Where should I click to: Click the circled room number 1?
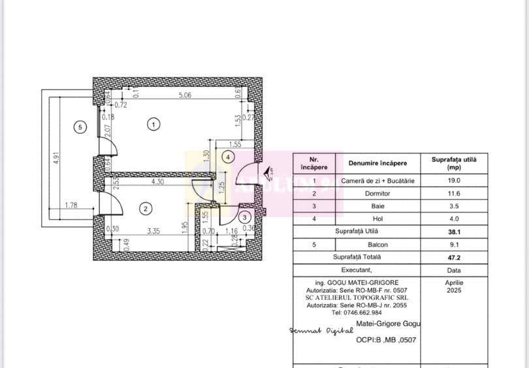click(x=153, y=124)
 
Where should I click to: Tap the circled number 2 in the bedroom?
click(x=146, y=209)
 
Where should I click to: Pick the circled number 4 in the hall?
click(x=227, y=157)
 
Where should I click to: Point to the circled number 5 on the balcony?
click(x=80, y=127)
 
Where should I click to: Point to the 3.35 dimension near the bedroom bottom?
click(x=153, y=230)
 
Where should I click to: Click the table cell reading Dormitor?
click(x=377, y=193)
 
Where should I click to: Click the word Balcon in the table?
click(x=377, y=244)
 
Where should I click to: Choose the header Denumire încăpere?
click(x=377, y=163)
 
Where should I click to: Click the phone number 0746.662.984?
click(x=356, y=312)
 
